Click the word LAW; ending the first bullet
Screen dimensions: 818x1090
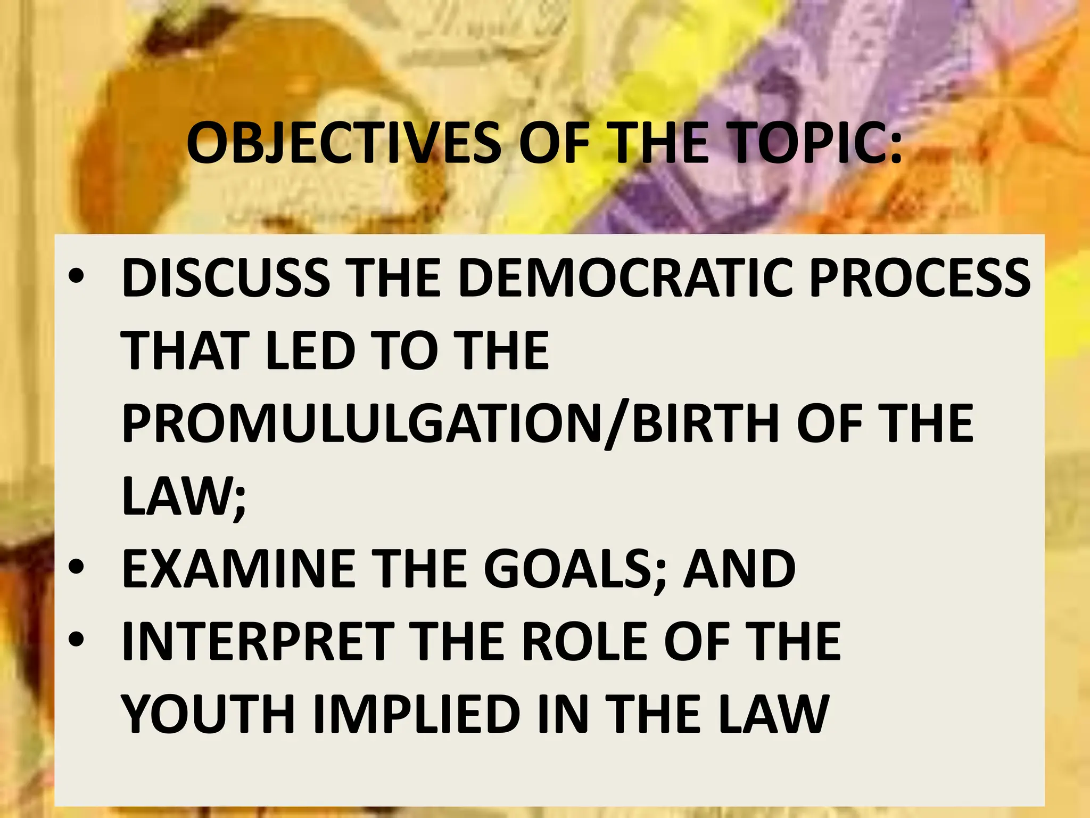pyautogui.click(x=184, y=496)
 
